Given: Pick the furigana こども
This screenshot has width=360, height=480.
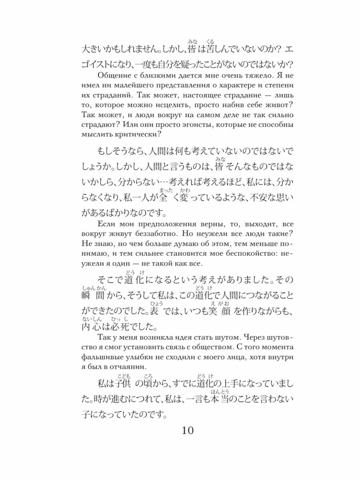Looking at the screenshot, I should click(x=122, y=375).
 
